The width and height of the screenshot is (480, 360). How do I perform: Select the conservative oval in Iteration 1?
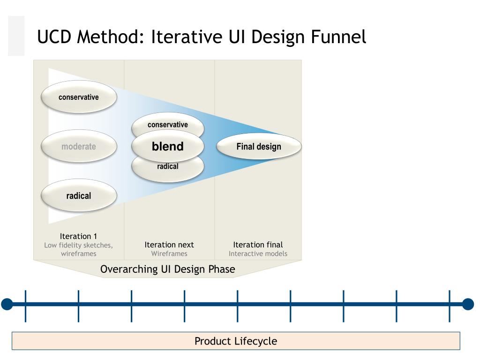coord(79,97)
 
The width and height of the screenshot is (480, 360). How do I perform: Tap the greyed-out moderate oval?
coord(79,146)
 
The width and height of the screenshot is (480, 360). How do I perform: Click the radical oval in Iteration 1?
coord(79,195)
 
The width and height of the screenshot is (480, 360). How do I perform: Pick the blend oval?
coord(168,147)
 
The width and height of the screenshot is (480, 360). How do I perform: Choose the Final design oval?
coord(259,147)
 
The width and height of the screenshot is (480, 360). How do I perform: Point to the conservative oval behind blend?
coord(168,124)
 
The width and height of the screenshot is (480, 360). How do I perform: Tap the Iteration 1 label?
coord(79,236)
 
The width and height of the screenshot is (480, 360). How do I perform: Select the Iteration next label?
coord(169,245)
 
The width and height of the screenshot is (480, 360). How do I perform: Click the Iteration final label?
coord(258,245)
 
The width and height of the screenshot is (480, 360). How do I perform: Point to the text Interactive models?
coord(258,254)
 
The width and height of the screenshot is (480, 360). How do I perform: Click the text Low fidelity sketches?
coord(79,245)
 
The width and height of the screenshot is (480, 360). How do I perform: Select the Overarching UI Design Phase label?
coord(168,269)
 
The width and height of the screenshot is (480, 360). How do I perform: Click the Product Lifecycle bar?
coord(236,341)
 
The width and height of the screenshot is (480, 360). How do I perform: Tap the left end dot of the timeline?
coord(7,304)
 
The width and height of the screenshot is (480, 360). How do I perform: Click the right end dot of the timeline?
coord(468,304)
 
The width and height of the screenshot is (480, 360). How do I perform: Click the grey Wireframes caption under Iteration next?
coord(169,254)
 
